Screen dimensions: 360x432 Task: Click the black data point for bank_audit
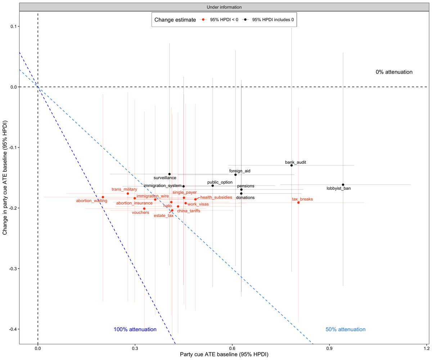[x=292, y=165]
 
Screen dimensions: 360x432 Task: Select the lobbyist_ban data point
[x=343, y=185]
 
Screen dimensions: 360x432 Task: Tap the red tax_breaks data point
[x=298, y=203]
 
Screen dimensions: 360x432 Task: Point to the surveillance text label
[x=165, y=178]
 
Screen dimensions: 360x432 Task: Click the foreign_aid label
[x=239, y=171]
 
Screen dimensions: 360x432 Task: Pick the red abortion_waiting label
[x=91, y=201]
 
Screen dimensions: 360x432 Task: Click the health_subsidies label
[x=216, y=197]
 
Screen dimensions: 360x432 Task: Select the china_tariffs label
[x=189, y=211]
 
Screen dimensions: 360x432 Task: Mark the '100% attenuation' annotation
[x=135, y=329]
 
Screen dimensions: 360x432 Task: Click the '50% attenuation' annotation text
[x=346, y=329]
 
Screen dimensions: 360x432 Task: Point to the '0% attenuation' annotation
[x=394, y=72]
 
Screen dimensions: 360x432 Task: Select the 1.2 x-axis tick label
[x=427, y=348]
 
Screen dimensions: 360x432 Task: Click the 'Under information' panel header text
[x=224, y=7]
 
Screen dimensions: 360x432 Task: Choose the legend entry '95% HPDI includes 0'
[x=270, y=20]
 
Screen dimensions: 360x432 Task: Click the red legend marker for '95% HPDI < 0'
[x=203, y=20]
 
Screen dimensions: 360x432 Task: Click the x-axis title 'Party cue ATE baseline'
[x=224, y=355]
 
